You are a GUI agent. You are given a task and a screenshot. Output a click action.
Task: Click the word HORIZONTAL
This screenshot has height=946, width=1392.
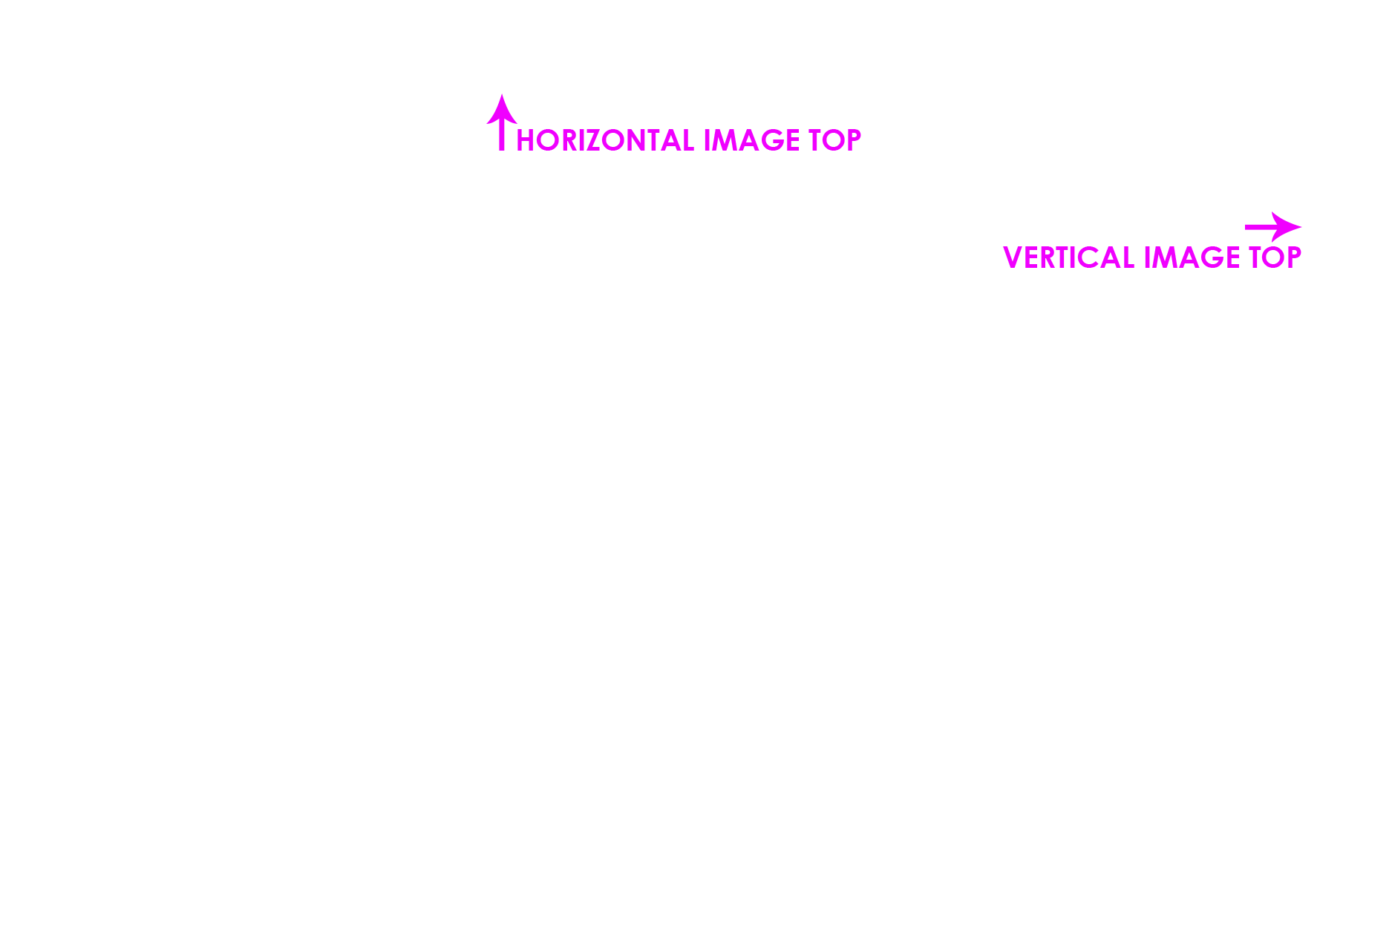[605, 140]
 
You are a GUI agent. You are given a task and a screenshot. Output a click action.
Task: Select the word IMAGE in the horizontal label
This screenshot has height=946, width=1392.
[751, 140]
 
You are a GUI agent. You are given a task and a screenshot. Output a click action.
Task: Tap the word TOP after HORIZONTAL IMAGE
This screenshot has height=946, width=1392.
[834, 140]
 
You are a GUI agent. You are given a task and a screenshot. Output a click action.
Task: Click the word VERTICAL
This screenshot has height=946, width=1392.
[1069, 257]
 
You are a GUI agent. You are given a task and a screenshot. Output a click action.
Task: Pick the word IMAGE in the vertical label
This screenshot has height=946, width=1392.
[1192, 257]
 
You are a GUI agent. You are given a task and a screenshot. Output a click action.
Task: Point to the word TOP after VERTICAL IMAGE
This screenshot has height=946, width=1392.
[1275, 257]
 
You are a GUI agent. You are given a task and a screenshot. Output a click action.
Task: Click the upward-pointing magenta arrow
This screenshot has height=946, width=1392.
[502, 122]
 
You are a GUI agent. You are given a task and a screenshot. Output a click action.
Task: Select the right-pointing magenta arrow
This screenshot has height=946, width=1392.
[1273, 227]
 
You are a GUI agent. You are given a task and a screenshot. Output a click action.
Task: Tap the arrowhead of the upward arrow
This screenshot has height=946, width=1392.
[502, 109]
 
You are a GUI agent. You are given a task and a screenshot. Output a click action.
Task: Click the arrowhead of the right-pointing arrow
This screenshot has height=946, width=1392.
[1287, 227]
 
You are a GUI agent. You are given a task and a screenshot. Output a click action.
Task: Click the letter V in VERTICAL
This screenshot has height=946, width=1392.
[1013, 257]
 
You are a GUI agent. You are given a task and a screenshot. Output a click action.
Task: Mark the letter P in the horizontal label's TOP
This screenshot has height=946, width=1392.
[854, 140]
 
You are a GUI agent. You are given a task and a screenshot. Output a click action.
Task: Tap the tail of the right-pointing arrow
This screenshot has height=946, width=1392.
[1246, 227]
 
